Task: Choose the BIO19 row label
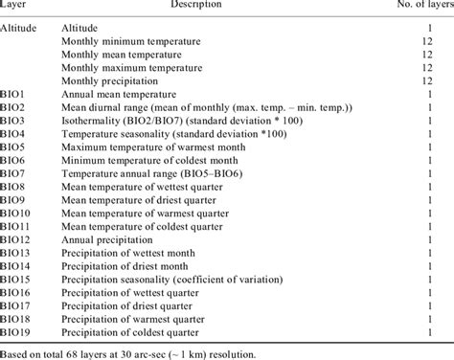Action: tap(20, 332)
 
